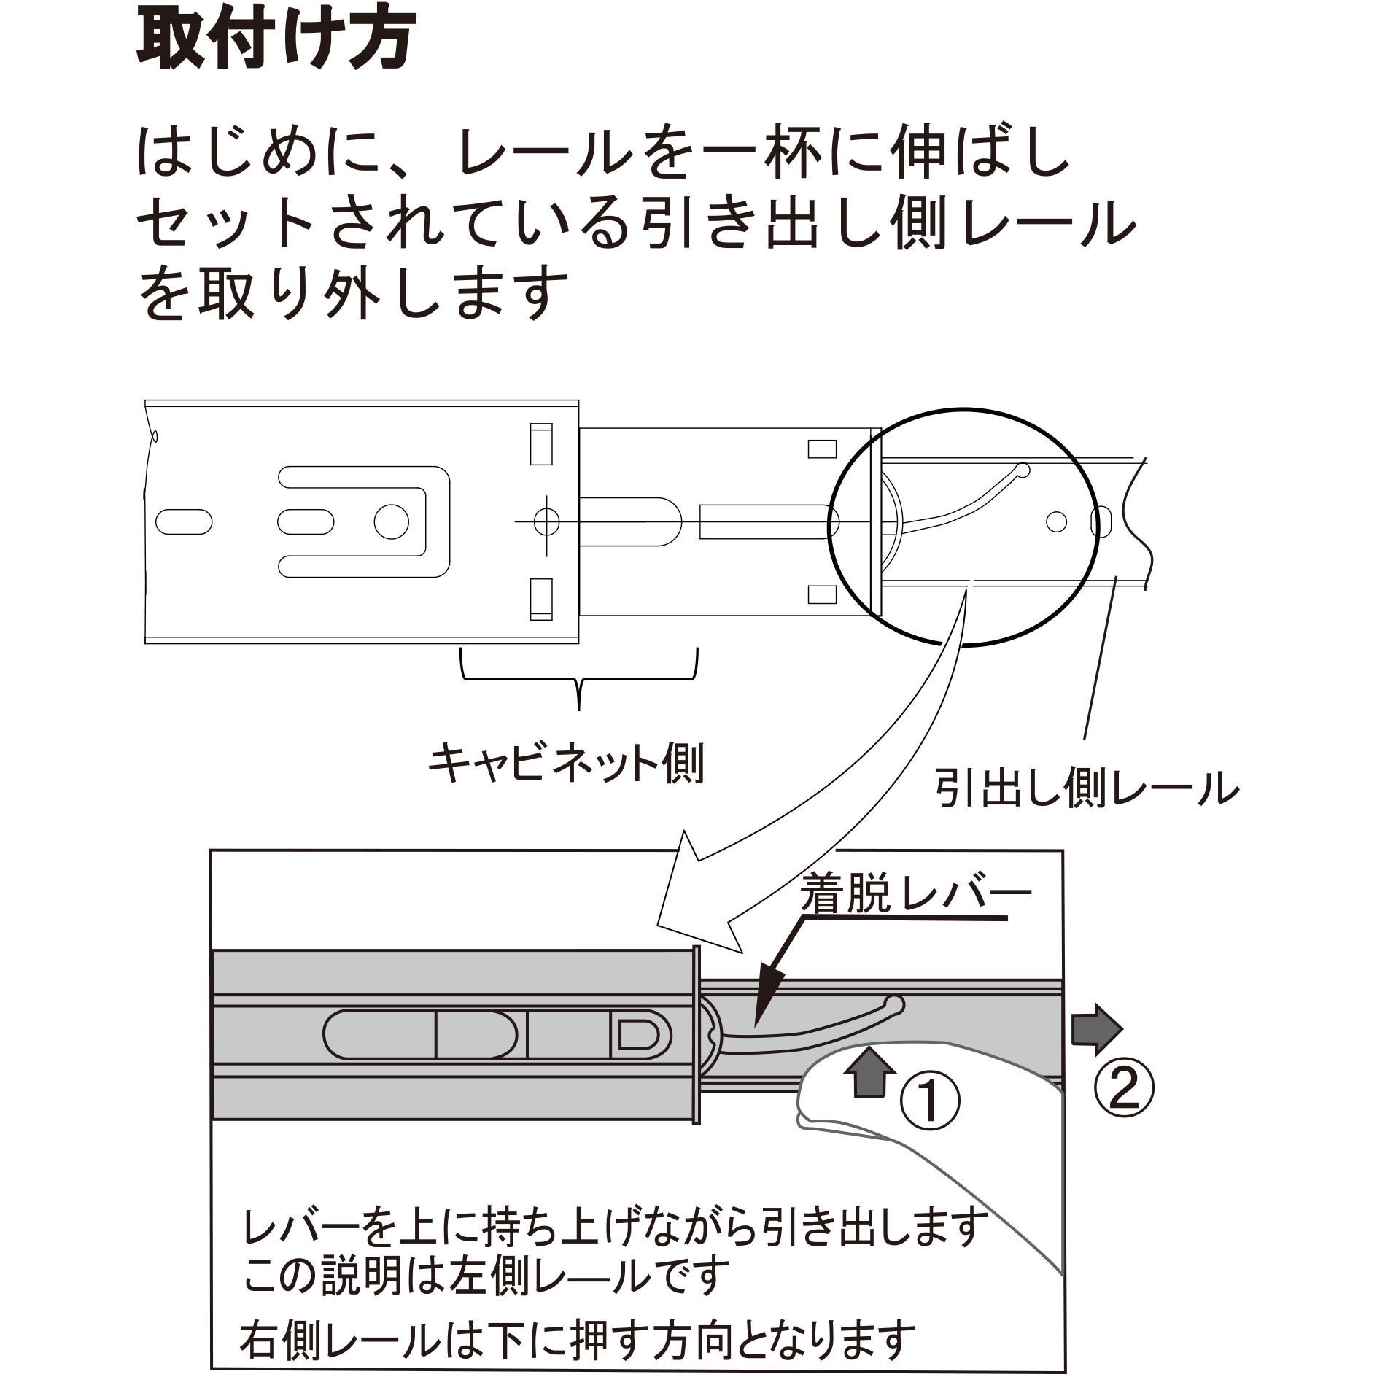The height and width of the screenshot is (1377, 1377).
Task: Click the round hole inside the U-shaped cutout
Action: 392,521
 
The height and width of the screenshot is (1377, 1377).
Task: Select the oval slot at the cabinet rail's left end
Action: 185,521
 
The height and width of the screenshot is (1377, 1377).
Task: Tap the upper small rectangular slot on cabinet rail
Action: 540,443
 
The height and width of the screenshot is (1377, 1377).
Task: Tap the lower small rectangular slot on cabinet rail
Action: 540,599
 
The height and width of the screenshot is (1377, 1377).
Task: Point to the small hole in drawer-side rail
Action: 1056,521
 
